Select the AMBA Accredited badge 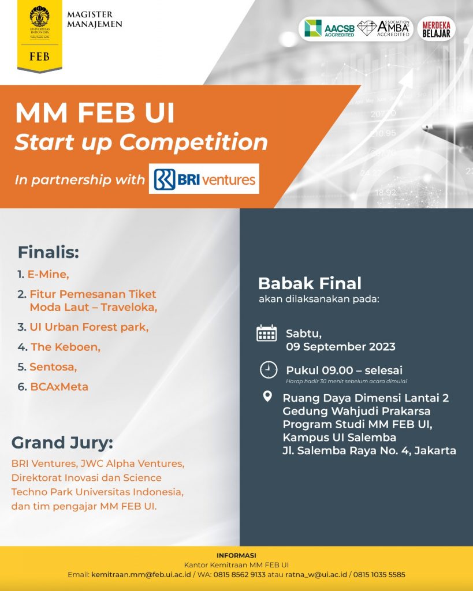(384, 28)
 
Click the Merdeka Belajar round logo (436, 28)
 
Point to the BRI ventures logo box (204, 179)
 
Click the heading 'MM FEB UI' (95, 114)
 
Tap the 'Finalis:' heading (48, 252)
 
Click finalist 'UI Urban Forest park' (89, 327)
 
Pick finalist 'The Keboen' (65, 347)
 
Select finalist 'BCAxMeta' (59, 387)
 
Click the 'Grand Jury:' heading (62, 443)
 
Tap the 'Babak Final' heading (310, 283)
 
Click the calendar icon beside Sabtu (267, 334)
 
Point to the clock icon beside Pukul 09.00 (269, 370)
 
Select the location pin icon (267, 397)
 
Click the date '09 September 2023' (341, 347)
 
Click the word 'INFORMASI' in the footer (236, 556)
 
